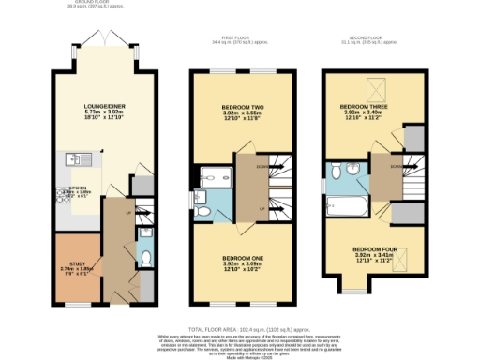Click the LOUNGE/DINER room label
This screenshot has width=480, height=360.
tap(92, 105)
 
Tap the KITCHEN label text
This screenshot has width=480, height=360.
tap(65, 187)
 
